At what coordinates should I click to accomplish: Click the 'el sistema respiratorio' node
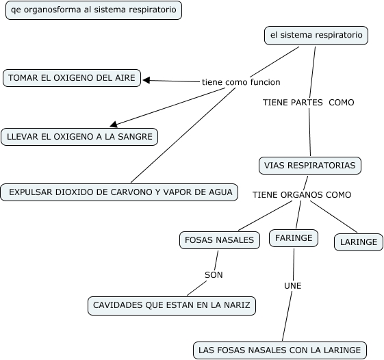316,36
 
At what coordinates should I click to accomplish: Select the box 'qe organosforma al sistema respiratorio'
94,10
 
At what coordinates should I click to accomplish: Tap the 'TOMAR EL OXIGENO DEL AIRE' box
72,78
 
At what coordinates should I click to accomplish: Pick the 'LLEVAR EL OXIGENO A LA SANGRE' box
79,137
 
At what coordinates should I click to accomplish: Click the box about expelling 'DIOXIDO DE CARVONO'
119,192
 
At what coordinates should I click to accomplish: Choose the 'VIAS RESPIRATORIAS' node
310,166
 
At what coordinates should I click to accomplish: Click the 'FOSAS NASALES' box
220,240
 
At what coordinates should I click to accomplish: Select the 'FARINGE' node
294,238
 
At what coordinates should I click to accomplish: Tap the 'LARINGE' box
359,242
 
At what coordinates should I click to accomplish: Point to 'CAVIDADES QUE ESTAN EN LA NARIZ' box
172,306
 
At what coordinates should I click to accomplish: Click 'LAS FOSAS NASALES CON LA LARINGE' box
280,350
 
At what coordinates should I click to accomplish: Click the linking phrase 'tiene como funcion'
241,82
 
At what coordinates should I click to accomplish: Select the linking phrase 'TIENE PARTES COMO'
309,103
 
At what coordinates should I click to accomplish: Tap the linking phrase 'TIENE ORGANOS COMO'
302,195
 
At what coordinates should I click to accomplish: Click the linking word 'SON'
214,275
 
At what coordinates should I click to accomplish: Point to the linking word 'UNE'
293,286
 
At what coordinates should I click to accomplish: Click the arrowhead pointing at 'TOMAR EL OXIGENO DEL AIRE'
146,80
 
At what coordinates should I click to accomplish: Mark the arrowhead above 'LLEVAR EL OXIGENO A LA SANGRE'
114,125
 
